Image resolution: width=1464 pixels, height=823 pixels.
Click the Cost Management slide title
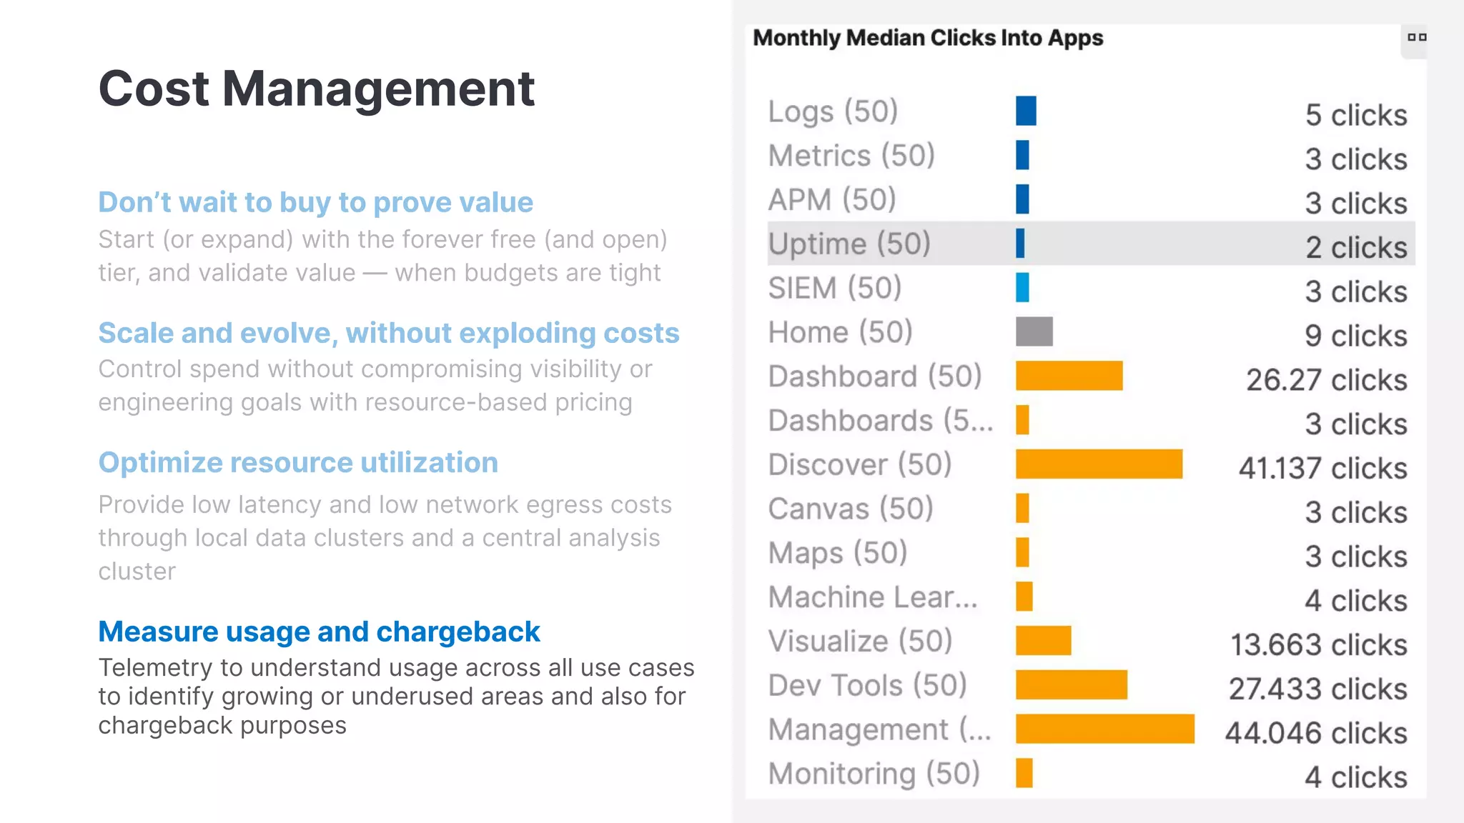coord(316,89)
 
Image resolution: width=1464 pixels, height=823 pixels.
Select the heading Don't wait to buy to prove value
coord(315,202)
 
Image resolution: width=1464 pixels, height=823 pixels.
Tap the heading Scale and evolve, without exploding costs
coord(388,333)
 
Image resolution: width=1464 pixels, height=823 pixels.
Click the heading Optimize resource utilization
coord(298,462)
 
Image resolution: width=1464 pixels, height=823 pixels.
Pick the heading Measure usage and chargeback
coord(319,632)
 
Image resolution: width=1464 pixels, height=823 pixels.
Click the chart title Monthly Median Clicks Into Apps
coord(927,38)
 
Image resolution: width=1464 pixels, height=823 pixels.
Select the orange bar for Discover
coord(1098,464)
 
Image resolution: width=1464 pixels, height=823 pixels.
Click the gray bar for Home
coord(1034,331)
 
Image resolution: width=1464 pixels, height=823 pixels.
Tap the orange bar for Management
coord(1104,729)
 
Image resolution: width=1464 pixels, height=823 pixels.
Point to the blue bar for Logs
coord(1025,111)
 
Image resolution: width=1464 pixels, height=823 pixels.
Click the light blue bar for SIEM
coord(1022,287)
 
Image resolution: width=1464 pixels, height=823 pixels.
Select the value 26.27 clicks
coord(1326,380)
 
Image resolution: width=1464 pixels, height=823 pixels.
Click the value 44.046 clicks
coord(1315,733)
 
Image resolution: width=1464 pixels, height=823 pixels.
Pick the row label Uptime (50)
coord(849,244)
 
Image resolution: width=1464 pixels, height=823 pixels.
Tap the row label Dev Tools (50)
coord(867,685)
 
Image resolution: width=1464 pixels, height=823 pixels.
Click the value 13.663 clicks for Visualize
coord(1318,644)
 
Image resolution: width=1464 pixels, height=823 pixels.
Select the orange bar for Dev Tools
coord(1071,685)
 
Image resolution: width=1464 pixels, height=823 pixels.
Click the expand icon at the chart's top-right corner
coord(1416,38)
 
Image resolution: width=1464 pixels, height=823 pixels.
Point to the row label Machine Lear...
coord(872,597)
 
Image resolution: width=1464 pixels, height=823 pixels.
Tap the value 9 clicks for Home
coord(1355,336)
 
